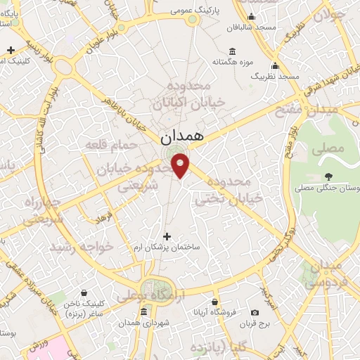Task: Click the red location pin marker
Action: point(181,165)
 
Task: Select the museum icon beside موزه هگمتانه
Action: point(232,52)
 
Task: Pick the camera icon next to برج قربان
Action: point(255,312)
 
